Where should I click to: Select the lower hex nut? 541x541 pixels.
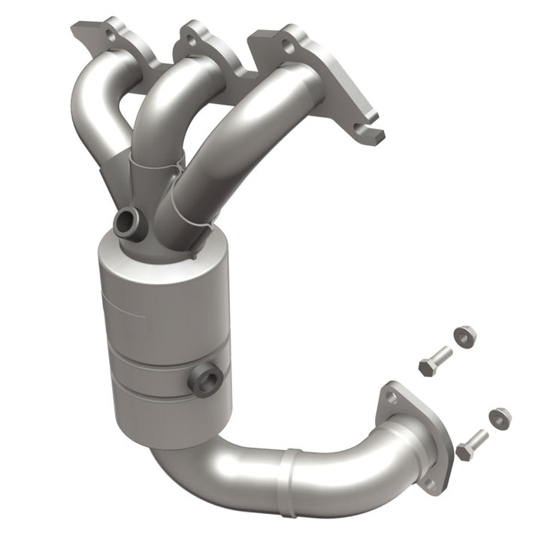[x=498, y=417]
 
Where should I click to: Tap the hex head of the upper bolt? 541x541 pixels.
[x=427, y=367]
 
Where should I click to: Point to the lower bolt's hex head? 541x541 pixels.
[x=464, y=452]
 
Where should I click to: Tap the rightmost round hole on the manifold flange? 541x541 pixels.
[x=286, y=46]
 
